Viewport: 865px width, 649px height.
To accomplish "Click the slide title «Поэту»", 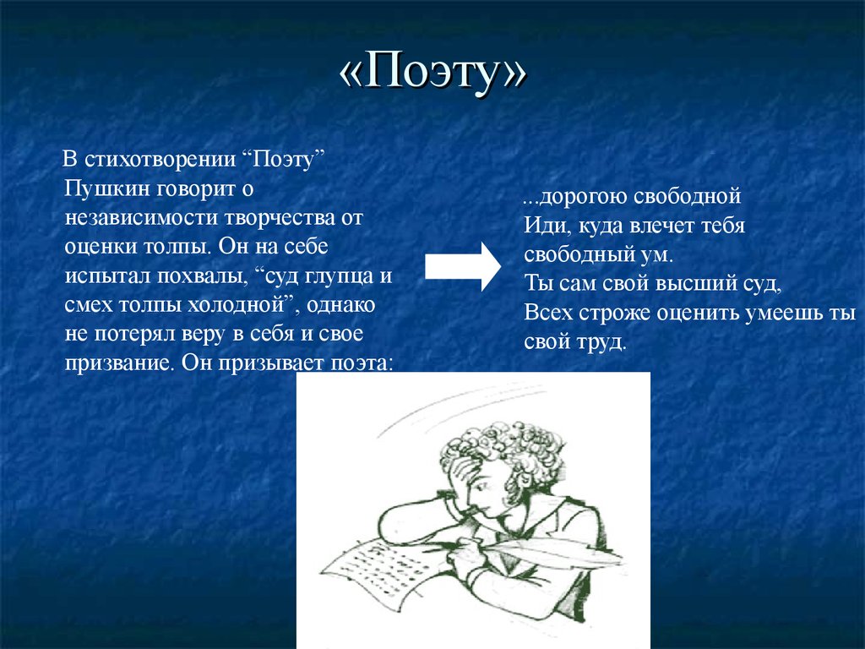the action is point(433,72).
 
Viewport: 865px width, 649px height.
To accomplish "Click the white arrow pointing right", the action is point(463,266).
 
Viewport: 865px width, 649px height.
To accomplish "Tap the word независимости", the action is point(141,217).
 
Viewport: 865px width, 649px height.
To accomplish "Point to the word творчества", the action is point(277,219).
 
